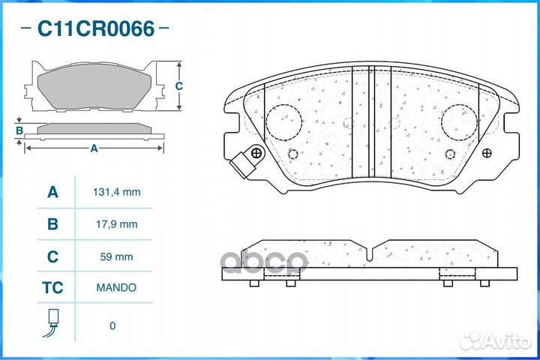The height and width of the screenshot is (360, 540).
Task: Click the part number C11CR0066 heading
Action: pyautogui.click(x=96, y=28)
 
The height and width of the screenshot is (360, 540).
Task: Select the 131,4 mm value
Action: pyautogui.click(x=117, y=192)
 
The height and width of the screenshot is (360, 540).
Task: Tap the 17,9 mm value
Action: pyautogui.click(x=117, y=224)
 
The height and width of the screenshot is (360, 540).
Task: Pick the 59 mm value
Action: pyautogui.click(x=116, y=256)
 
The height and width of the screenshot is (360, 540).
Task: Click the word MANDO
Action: pyautogui.click(x=116, y=287)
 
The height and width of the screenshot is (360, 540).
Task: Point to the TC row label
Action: pyautogui.click(x=52, y=288)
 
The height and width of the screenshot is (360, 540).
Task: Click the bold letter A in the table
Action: pyautogui.click(x=52, y=192)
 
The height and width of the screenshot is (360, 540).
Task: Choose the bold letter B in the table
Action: pyautogui.click(x=52, y=224)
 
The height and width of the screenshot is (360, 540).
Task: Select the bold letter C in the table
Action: pyautogui.click(x=52, y=256)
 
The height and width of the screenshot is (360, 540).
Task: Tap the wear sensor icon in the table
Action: pyautogui.click(x=51, y=322)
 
